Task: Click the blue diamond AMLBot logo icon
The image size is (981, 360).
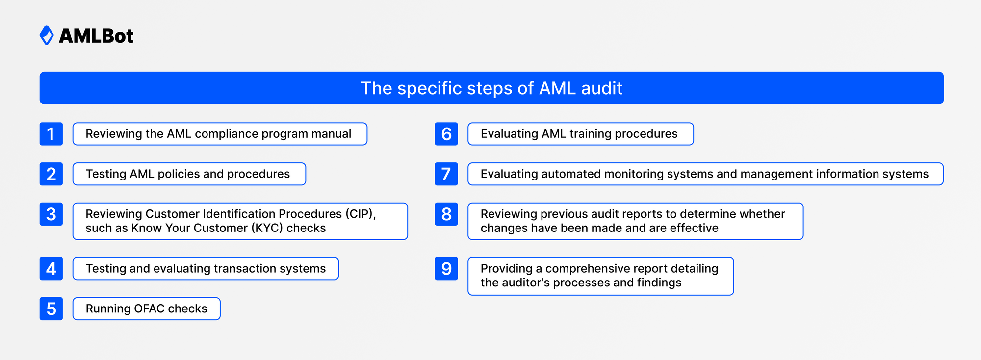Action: click(x=47, y=35)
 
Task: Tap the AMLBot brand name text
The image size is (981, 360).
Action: click(x=96, y=36)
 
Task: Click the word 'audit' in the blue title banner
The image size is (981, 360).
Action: click(x=601, y=88)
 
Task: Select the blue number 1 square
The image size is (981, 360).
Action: click(x=51, y=134)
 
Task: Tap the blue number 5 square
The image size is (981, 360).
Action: click(x=51, y=309)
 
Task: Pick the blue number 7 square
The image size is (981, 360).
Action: click(x=446, y=174)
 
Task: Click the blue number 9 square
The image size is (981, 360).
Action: click(x=446, y=269)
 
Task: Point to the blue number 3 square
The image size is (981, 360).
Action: click(x=51, y=214)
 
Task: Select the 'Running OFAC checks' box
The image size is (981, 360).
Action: click(x=146, y=309)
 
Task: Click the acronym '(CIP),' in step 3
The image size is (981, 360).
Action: click(x=361, y=214)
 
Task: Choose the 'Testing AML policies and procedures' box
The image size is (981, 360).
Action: click(x=189, y=174)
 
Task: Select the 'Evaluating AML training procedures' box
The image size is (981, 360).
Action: click(x=580, y=134)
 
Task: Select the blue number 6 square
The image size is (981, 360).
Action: click(x=446, y=134)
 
